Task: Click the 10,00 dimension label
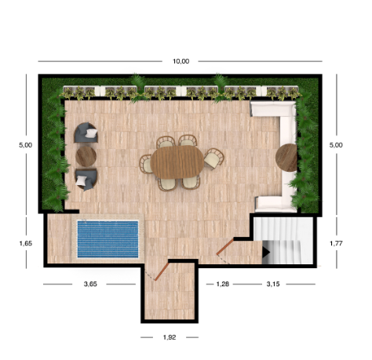(x=181, y=61)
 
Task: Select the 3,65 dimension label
(x=90, y=284)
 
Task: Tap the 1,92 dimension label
(x=170, y=337)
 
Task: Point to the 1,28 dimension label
(x=223, y=284)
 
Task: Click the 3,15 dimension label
(x=273, y=284)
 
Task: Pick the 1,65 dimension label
(x=26, y=243)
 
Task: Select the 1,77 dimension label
(x=336, y=243)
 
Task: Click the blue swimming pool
(x=108, y=239)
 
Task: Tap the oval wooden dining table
(x=177, y=162)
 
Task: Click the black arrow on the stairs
(x=266, y=253)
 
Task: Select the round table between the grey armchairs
(x=86, y=156)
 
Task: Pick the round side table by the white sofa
(x=286, y=158)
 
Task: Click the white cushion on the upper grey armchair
(x=91, y=133)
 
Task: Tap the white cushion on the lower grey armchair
(x=82, y=180)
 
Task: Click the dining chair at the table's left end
(x=146, y=164)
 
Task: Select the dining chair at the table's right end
(x=213, y=158)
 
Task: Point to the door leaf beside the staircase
(x=224, y=246)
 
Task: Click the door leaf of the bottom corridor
(x=162, y=271)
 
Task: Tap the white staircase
(x=283, y=241)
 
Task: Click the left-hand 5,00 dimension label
(x=26, y=145)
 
